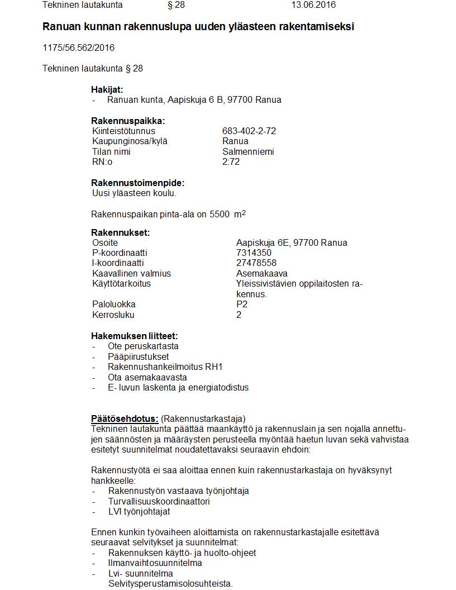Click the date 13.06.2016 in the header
[x=313, y=5]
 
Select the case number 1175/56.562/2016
[x=78, y=48]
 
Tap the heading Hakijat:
[x=107, y=89]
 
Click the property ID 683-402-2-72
[x=249, y=131]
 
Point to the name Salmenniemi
[x=248, y=152]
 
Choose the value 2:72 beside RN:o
[x=231, y=162]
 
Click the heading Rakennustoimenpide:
[x=137, y=183]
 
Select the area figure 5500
[x=219, y=214]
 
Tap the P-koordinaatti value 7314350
[x=254, y=253]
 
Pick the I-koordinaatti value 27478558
[x=256, y=263]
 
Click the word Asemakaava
[x=262, y=274]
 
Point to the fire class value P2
[x=242, y=304]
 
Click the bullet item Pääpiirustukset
[x=138, y=356]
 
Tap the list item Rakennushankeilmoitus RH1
[x=165, y=367]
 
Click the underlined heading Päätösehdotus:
[x=125, y=418]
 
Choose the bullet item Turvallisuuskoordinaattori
[x=159, y=502]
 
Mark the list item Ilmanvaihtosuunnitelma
[x=155, y=563]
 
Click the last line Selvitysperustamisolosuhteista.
[x=162, y=584]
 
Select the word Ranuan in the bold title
[x=61, y=27]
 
